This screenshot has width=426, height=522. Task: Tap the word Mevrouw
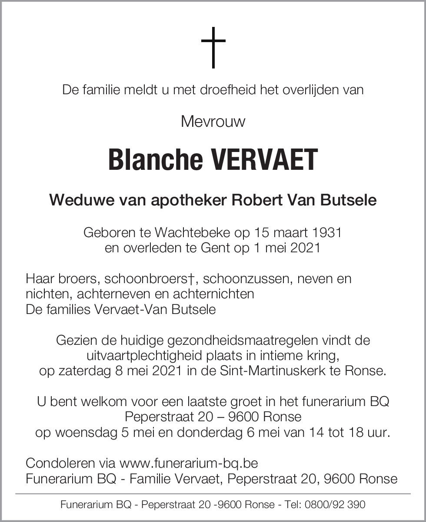click(213, 121)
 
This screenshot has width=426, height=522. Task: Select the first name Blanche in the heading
click(155, 159)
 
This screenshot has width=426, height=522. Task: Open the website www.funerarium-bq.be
click(189, 463)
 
